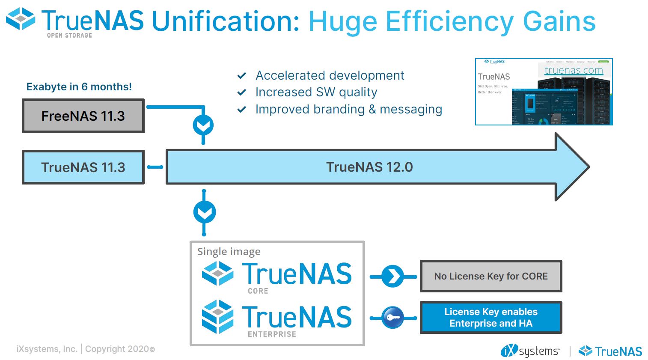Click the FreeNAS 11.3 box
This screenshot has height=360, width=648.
[x=83, y=116]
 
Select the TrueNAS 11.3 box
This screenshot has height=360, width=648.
[x=83, y=167]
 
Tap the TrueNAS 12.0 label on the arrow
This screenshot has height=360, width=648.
[x=369, y=167]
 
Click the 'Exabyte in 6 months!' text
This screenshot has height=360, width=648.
[x=79, y=87]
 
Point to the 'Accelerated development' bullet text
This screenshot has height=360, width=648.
[x=330, y=75]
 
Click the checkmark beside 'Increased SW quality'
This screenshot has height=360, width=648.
[x=242, y=92]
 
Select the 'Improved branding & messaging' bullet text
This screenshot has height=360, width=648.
[x=348, y=110]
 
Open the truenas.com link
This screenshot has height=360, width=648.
[x=574, y=70]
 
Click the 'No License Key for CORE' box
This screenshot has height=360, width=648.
[x=491, y=276]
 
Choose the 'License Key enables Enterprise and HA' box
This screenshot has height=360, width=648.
[x=491, y=318]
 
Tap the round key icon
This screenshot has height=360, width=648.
[x=392, y=318]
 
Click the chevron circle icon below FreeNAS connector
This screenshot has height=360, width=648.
[x=203, y=125]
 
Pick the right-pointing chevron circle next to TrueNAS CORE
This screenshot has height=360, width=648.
[x=392, y=277]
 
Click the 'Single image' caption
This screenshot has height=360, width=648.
[x=229, y=252]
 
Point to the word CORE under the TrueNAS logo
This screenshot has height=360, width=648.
[x=258, y=291]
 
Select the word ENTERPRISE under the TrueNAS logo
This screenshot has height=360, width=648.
[x=272, y=334]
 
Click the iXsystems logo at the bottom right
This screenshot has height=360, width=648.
[x=530, y=351]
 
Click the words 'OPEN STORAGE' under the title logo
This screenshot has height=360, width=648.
[x=69, y=36]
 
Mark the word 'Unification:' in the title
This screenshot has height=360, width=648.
[x=226, y=21]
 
